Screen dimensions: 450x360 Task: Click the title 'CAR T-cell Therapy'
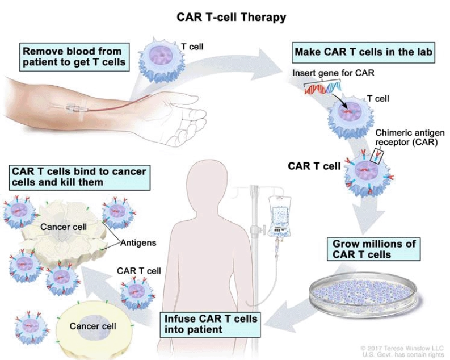point(232,17)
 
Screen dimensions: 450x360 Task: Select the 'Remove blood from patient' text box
point(74,57)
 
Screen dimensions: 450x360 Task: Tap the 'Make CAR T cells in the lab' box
point(363,52)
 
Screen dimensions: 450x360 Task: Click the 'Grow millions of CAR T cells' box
point(373,249)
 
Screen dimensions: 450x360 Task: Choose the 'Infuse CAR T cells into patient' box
point(211,324)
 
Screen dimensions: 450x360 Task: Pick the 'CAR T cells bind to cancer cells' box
point(79,177)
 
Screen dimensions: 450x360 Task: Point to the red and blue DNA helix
point(322,88)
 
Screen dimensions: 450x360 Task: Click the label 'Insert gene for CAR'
point(333,73)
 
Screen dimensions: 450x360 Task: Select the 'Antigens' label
point(138,243)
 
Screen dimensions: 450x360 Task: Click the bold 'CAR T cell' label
point(314,166)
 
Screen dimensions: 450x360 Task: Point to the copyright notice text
point(403,351)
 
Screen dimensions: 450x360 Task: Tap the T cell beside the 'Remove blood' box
point(162,60)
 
